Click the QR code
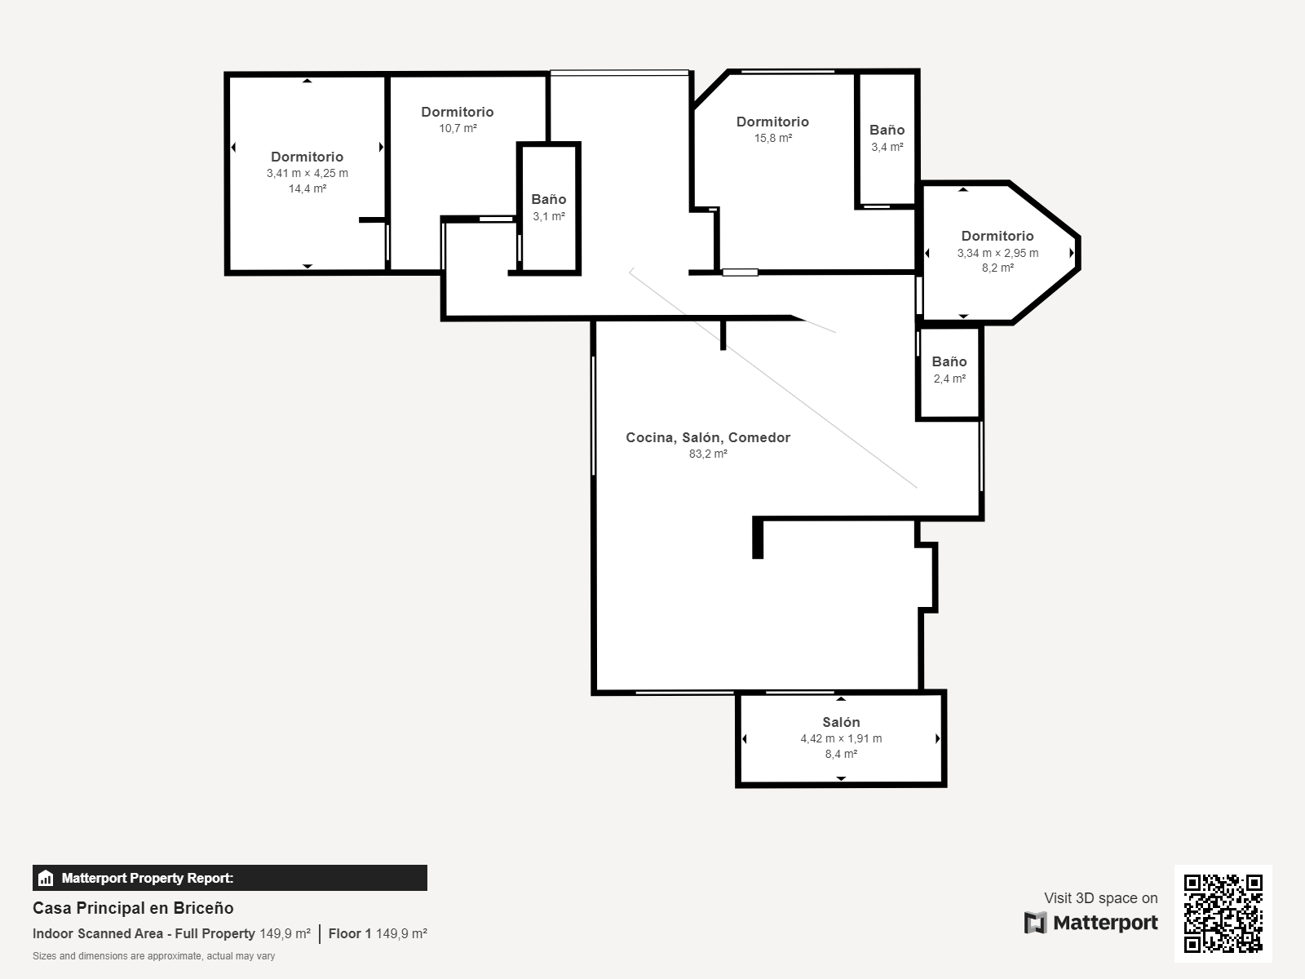tap(1223, 914)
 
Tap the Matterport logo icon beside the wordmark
tap(1035, 923)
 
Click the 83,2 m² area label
tap(708, 454)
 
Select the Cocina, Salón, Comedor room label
tap(708, 437)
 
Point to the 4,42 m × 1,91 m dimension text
tap(841, 739)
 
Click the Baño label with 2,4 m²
tap(949, 361)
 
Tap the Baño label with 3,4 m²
tap(887, 130)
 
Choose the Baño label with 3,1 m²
tap(549, 199)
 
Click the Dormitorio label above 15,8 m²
tap(773, 122)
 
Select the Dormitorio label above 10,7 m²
tap(458, 112)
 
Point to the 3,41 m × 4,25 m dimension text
tap(307, 174)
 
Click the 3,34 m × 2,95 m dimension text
tap(998, 253)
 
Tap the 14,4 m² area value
tap(307, 189)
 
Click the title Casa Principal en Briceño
tap(133, 908)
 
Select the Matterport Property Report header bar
tap(230, 878)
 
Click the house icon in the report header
tap(46, 878)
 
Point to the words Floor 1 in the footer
tap(350, 934)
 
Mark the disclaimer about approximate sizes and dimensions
tap(154, 956)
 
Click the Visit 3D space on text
tap(1101, 898)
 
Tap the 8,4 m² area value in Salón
tap(841, 755)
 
